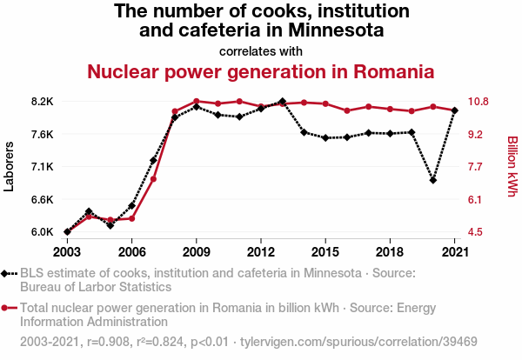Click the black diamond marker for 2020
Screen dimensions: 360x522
pyautogui.click(x=433, y=180)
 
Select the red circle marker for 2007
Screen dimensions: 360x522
pyautogui.click(x=153, y=179)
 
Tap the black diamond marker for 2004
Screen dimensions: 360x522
pyautogui.click(x=89, y=211)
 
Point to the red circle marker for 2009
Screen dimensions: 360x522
pyautogui.click(x=197, y=102)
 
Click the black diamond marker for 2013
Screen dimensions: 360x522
pyautogui.click(x=283, y=102)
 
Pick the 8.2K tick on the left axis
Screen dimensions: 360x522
pyautogui.click(x=41, y=102)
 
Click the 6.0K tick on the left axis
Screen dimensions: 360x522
pyautogui.click(x=41, y=232)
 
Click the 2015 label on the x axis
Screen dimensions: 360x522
pyautogui.click(x=325, y=252)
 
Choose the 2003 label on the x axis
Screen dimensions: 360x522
pyautogui.click(x=67, y=252)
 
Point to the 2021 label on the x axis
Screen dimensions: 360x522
pyautogui.click(x=454, y=252)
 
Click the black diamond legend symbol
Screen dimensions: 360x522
pyautogui.click(x=9, y=273)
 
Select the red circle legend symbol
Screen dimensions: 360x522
pyautogui.click(x=9, y=308)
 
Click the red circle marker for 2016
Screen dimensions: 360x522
pyautogui.click(x=347, y=110)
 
